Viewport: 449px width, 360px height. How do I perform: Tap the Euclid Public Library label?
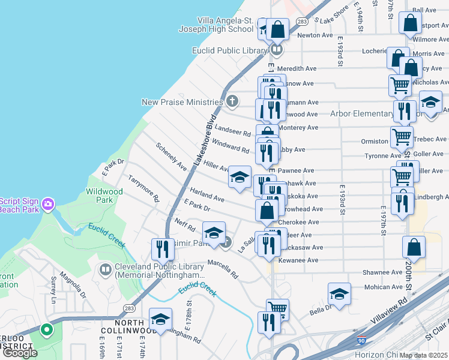click(x=229, y=50)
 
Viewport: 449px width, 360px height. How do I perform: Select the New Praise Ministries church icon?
click(x=233, y=101)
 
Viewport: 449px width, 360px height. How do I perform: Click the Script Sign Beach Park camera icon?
click(x=47, y=205)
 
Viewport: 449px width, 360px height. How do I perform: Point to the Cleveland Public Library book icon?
click(x=105, y=271)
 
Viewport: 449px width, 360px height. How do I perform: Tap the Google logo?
click(x=20, y=353)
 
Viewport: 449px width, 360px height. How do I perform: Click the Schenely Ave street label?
click(x=171, y=156)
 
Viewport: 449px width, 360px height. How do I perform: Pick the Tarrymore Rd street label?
click(x=144, y=188)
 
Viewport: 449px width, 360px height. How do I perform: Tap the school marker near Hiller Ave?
click(x=240, y=177)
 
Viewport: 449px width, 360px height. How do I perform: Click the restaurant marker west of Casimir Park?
click(x=163, y=249)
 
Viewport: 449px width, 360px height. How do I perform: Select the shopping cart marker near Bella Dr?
click(x=277, y=310)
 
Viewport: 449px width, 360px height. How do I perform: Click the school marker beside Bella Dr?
click(x=339, y=294)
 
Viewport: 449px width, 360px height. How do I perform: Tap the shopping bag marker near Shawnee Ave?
click(x=414, y=247)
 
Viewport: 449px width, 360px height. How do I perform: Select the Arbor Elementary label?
click(x=362, y=114)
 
